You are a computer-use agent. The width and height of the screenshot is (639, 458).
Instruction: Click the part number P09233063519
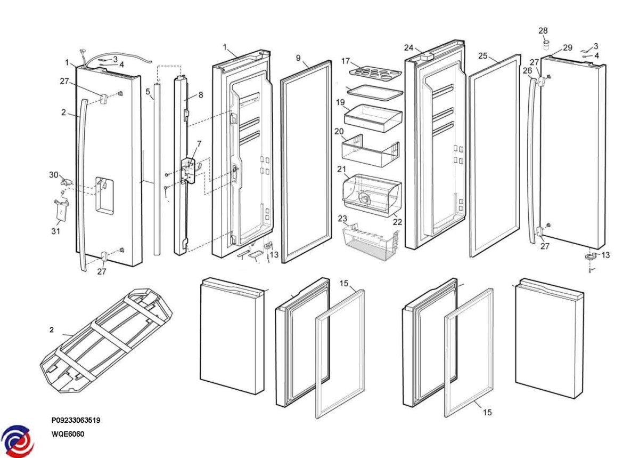point(76,420)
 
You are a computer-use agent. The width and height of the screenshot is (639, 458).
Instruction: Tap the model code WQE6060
point(68,434)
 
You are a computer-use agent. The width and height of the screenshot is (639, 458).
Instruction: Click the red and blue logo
point(17,441)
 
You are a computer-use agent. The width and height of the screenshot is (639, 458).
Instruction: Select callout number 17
point(346,61)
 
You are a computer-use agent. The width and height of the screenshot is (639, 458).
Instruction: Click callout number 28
point(543,31)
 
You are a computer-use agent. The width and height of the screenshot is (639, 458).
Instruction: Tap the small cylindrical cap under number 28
point(544,43)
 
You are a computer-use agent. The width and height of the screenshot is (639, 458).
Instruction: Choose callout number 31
point(56,231)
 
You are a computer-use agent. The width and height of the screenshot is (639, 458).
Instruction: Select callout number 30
point(54,175)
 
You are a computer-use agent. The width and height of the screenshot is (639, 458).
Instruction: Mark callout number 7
point(199,144)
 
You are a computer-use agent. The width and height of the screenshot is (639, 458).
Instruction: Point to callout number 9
point(298,58)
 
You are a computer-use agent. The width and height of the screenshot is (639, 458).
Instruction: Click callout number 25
point(483,55)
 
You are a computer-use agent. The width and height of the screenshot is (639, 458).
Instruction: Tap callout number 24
point(408,47)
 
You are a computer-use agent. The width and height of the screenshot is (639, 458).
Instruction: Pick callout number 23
point(342,218)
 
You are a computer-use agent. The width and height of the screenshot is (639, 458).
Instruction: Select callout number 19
point(340,102)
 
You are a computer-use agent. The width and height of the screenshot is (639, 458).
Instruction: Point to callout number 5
point(148,92)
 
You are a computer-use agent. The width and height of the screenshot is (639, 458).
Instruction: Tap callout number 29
point(568,47)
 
